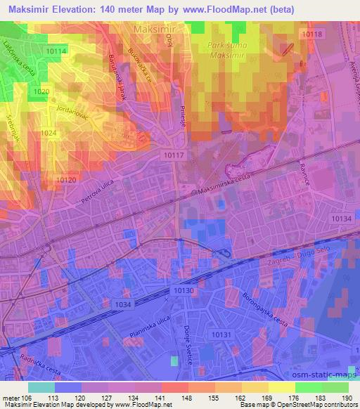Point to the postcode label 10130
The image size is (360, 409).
coord(184,290)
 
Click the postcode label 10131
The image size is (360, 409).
coord(222,336)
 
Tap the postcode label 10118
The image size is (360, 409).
coord(310,34)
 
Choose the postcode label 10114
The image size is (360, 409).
coord(56,51)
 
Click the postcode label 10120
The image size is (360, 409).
coord(66,180)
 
